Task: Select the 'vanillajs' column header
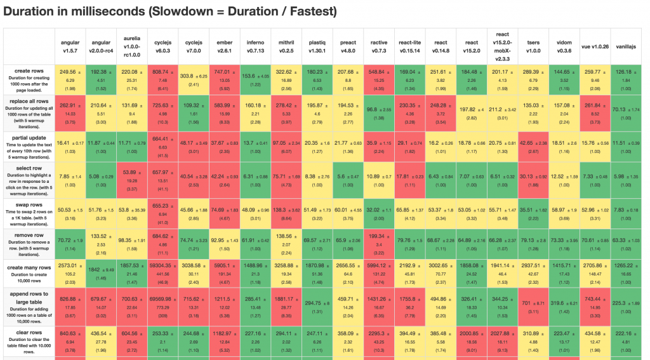pyautogui.click(x=626, y=46)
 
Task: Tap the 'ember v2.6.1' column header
pyautogui.click(x=225, y=46)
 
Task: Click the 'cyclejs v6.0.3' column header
pyautogui.click(x=163, y=46)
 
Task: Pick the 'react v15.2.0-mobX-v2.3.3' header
pyautogui.click(x=503, y=46)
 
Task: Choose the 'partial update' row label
pyautogui.click(x=29, y=145)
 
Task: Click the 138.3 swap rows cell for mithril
pyautogui.click(x=286, y=209)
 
